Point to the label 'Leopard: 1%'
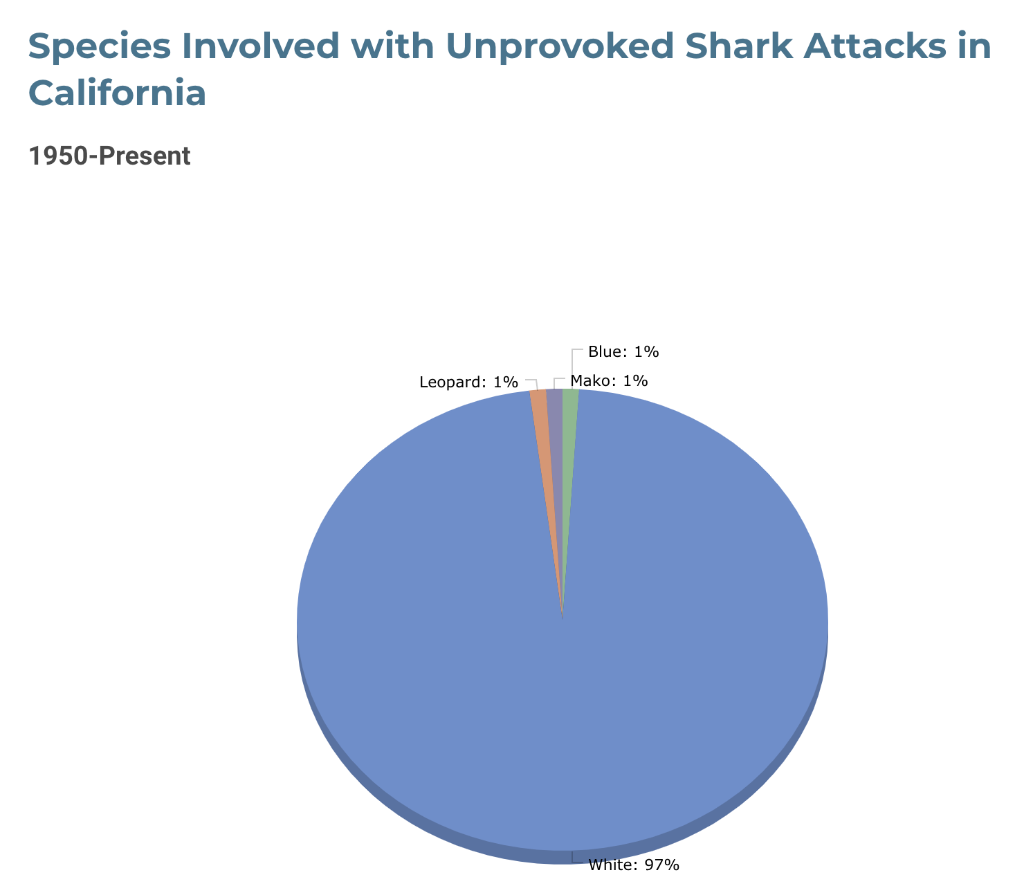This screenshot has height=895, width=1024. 468,382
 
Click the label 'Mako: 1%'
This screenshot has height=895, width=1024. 609,381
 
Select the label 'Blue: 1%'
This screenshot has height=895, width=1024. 623,352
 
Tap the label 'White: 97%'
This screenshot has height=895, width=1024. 634,865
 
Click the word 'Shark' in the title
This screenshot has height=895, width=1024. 739,46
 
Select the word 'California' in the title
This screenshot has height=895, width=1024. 117,93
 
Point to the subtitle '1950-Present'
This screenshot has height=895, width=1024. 109,156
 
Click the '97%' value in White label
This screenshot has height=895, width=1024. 661,865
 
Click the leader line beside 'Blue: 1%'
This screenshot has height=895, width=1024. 573,369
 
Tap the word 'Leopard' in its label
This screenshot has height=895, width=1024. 450,382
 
